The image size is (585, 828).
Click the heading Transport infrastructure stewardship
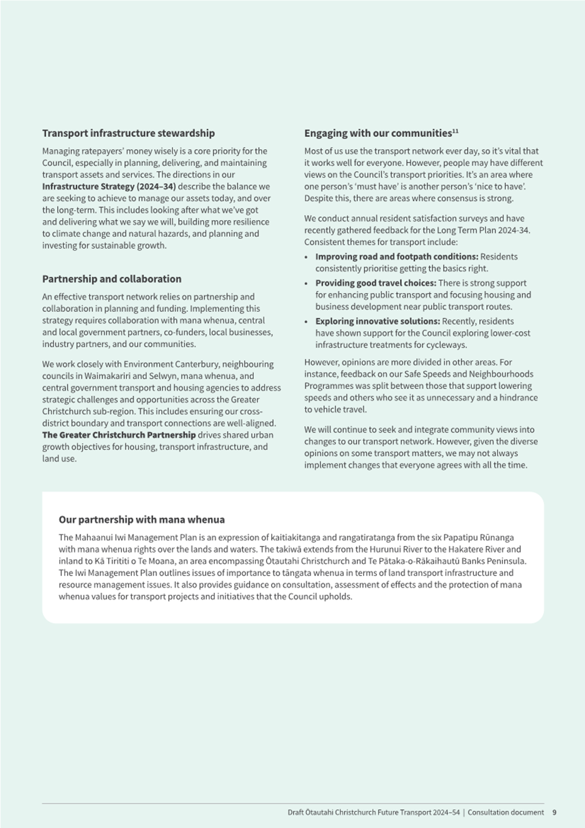(x=128, y=133)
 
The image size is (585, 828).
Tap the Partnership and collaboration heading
(x=112, y=279)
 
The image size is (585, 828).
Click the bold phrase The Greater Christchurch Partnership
(x=119, y=435)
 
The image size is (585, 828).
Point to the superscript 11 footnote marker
(x=455, y=131)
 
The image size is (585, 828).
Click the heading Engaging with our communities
(x=377, y=133)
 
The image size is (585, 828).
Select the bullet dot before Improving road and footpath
(x=306, y=257)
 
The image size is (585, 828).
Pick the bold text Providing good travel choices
(x=375, y=283)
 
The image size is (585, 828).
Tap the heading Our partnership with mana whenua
(x=142, y=519)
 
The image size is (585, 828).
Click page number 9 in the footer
(x=554, y=812)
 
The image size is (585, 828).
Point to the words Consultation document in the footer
(x=506, y=812)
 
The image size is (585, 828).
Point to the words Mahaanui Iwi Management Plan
(x=131, y=537)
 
